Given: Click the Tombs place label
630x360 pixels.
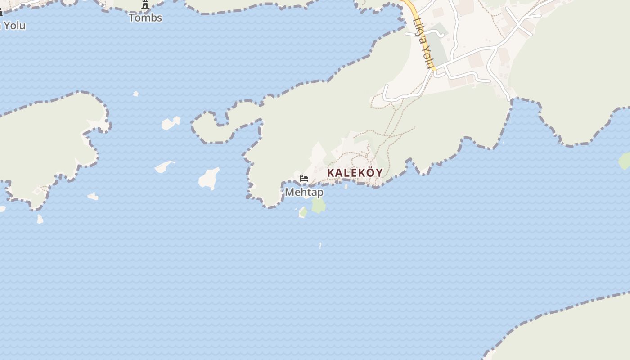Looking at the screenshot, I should pos(145,18).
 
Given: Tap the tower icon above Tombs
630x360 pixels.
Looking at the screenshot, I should pos(145,5).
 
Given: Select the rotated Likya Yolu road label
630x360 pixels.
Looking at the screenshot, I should pos(423,43).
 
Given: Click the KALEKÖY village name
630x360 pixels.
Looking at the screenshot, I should pos(355,173).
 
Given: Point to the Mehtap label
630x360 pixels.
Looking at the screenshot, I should pos(304,192).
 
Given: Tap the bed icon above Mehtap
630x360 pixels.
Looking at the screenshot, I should pos(304,179).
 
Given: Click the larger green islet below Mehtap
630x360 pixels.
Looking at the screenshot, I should pos(319,205).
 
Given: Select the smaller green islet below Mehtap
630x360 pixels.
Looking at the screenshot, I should pos(303,212).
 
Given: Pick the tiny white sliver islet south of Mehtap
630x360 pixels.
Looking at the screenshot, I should pos(320,246).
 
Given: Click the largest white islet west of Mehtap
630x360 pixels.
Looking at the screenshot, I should pos(209,178).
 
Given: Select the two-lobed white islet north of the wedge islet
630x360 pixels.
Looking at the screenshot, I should pos(170,122).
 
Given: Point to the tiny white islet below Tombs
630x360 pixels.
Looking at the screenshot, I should pos(136,94).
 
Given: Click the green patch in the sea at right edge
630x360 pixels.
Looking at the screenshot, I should pos(624,161).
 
